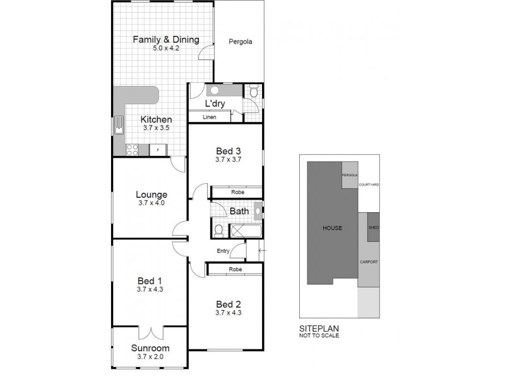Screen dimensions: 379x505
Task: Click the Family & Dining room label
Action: (165, 39)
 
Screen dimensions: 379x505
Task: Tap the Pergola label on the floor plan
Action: (240, 42)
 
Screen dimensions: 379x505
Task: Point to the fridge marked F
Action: (157, 150)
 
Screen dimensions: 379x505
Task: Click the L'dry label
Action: (217, 104)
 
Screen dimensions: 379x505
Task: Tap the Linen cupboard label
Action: (210, 117)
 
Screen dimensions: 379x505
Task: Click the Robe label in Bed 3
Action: (237, 191)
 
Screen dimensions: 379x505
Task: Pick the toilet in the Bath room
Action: (218, 230)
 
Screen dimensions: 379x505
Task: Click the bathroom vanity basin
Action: (257, 211)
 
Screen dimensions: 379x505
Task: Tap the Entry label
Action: (223, 251)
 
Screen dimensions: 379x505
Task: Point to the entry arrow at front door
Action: (261, 251)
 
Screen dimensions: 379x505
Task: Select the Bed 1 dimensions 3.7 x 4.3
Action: (150, 290)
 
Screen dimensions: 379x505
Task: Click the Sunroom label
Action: (150, 348)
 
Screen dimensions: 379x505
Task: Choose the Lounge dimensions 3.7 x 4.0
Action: (150, 203)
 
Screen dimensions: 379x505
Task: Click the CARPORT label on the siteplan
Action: (369, 261)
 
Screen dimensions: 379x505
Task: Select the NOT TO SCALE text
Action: (319, 336)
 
